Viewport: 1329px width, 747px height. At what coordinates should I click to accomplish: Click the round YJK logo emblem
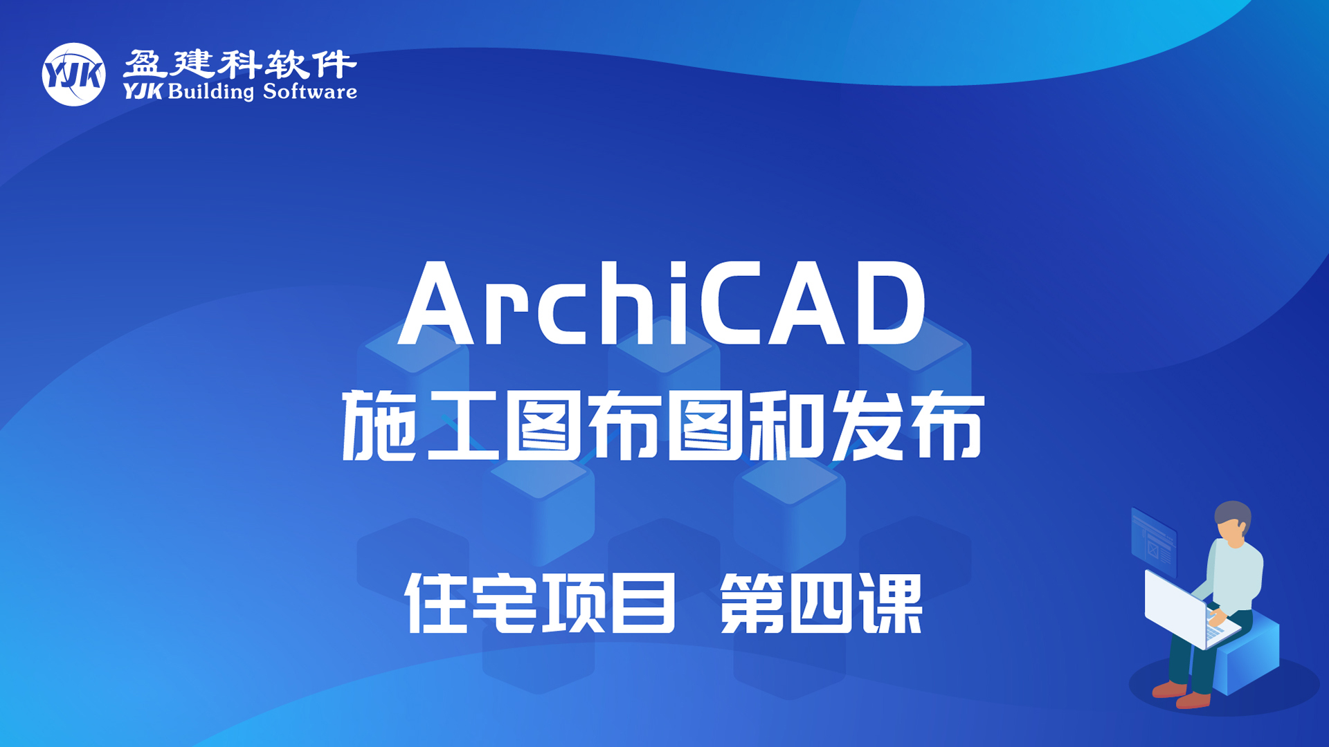pyautogui.click(x=74, y=75)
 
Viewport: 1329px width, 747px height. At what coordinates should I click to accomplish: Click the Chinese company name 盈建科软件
pyautogui.click(x=240, y=64)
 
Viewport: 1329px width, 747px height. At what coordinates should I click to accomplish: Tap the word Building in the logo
pyautogui.click(x=211, y=92)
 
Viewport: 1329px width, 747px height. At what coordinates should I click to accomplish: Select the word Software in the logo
pyautogui.click(x=310, y=91)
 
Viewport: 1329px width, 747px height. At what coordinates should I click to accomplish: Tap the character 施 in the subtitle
pyautogui.click(x=379, y=425)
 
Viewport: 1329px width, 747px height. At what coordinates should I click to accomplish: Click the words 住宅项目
pyautogui.click(x=539, y=603)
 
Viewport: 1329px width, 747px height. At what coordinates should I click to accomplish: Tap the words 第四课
pyautogui.click(x=822, y=603)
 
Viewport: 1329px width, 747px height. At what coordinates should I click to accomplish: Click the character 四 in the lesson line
pyautogui.click(x=822, y=605)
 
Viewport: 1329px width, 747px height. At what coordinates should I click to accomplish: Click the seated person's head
pyautogui.click(x=1233, y=523)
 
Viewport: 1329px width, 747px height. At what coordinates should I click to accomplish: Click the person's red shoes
pyautogui.click(x=1181, y=694)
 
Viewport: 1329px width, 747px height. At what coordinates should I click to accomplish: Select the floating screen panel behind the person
pyautogui.click(x=1153, y=542)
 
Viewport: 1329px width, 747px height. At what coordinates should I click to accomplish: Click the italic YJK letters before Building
pyautogui.click(x=143, y=91)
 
